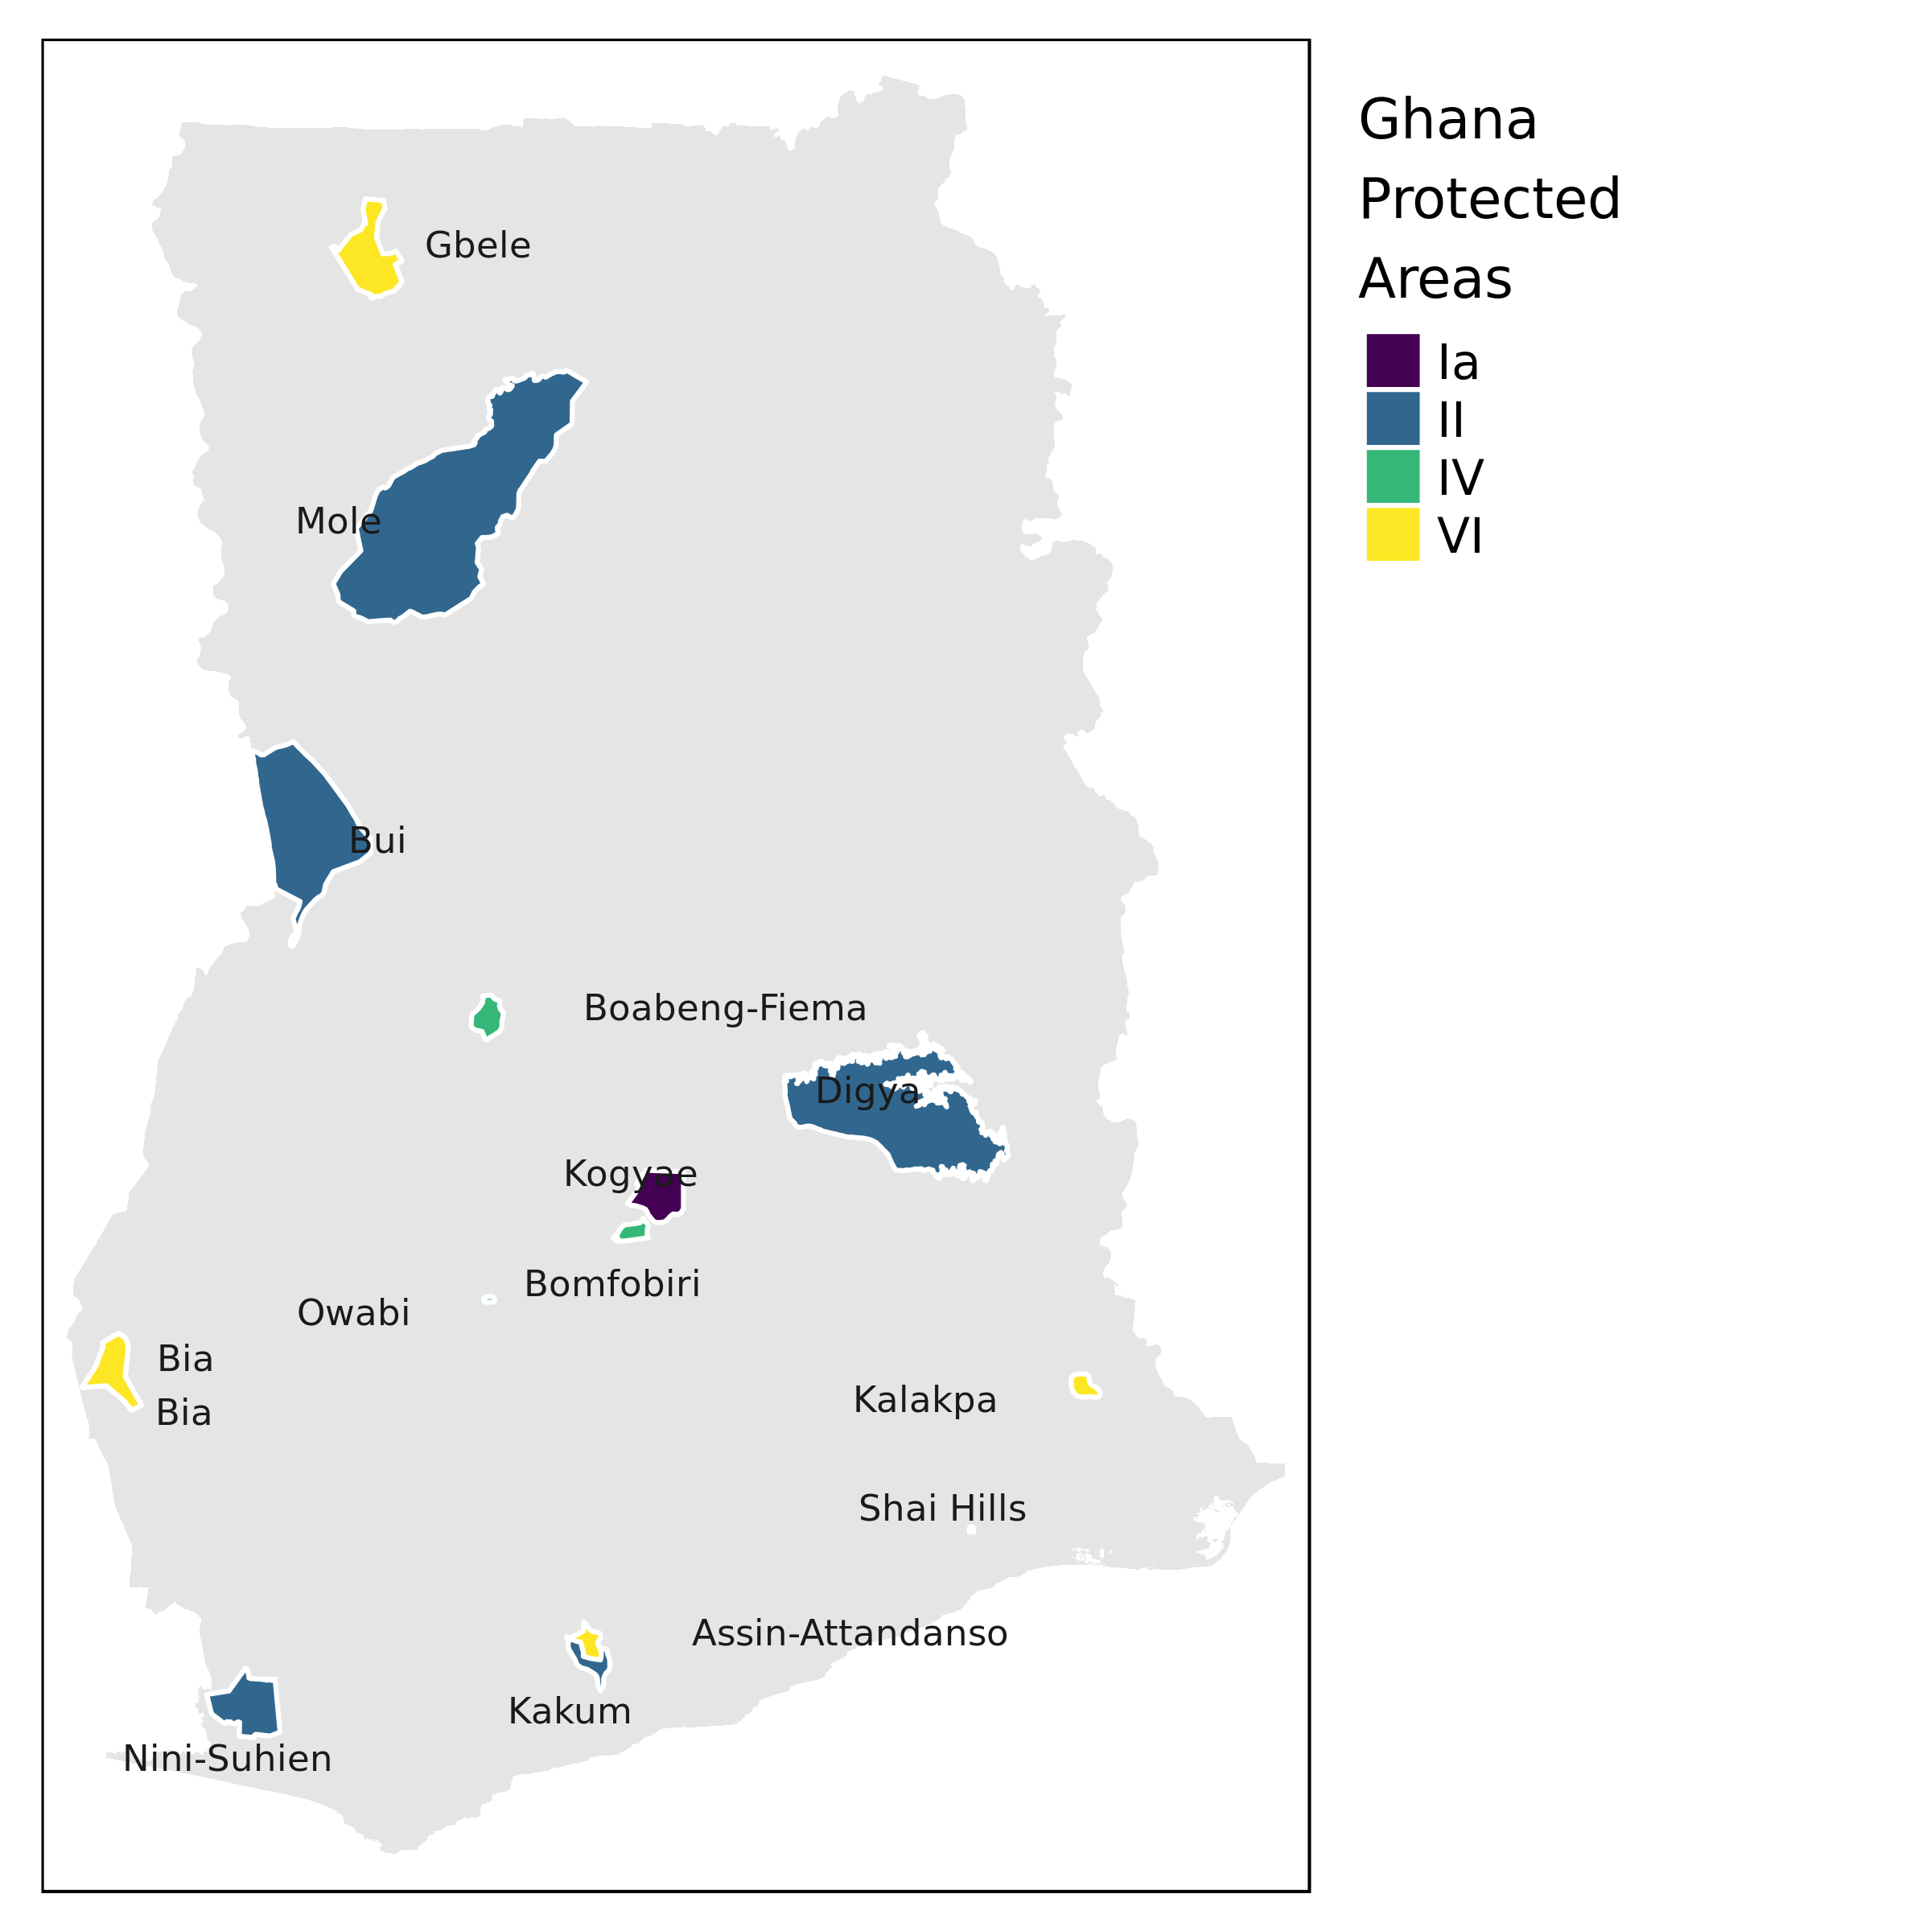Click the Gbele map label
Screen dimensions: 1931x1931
(x=478, y=246)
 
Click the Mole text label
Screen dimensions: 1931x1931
(x=338, y=521)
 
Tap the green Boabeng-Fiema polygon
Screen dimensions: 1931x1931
(x=488, y=1019)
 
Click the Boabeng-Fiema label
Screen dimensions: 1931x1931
(x=725, y=1008)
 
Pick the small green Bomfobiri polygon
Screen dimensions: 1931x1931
(x=632, y=1233)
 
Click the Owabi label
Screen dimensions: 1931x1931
(x=353, y=1313)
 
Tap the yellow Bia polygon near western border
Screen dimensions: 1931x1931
(x=113, y=1369)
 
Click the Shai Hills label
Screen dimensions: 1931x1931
(x=941, y=1509)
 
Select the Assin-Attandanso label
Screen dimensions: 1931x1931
(x=850, y=1633)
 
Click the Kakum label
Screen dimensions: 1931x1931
(x=570, y=1711)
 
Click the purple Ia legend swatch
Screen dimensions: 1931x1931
(x=1392, y=360)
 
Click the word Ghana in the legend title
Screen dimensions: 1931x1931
(x=1447, y=121)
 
